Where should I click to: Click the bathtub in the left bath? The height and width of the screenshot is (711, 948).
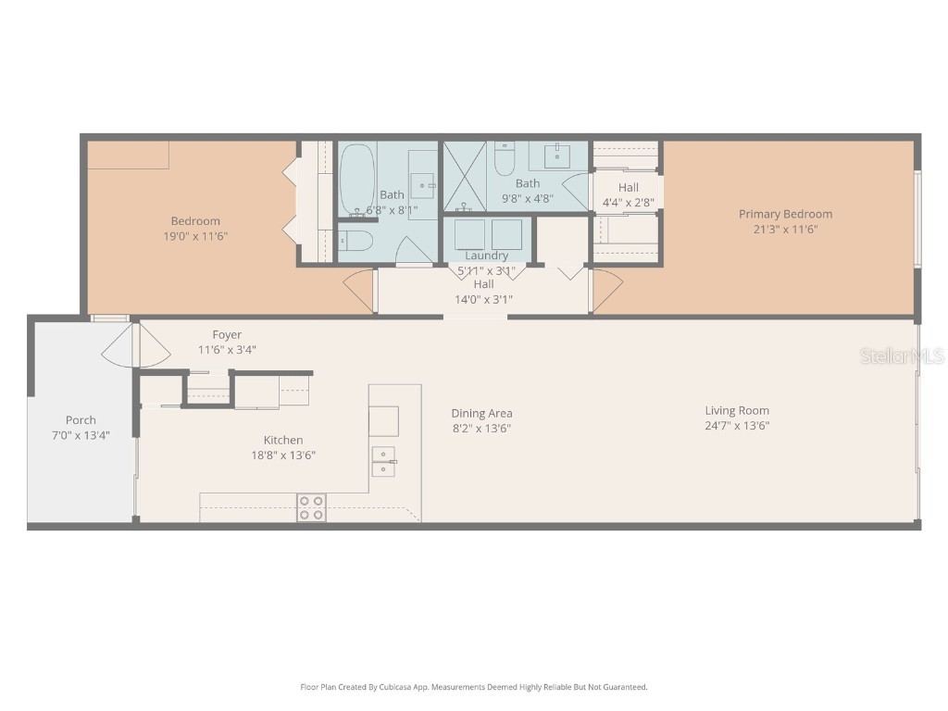pos(356,181)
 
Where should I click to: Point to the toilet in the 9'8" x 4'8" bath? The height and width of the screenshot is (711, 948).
pos(505,160)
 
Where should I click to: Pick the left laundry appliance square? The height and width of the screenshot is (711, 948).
pos(469,234)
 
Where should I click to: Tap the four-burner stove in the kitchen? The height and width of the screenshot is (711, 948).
pos(311,507)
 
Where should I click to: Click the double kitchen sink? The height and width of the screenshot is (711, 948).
pos(383,460)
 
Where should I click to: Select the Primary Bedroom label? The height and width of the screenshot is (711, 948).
pos(785,214)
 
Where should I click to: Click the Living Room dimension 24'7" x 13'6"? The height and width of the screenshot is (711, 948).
pos(737,426)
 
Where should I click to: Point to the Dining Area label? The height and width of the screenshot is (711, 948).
pos(481,413)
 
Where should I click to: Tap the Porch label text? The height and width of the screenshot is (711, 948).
pos(81,419)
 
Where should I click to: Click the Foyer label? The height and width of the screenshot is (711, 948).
pos(227,334)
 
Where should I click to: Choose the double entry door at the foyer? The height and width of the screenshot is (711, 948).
pos(136,344)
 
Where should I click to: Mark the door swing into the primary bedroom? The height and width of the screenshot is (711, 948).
pos(605,291)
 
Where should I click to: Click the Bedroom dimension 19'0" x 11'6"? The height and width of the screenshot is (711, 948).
pos(195,236)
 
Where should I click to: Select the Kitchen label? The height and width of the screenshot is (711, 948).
pos(283,440)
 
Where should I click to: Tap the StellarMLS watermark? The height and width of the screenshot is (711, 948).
pos(901,355)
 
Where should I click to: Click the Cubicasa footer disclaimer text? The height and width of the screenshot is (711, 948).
pos(473,687)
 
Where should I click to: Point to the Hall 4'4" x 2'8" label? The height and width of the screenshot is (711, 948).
pos(629,188)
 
